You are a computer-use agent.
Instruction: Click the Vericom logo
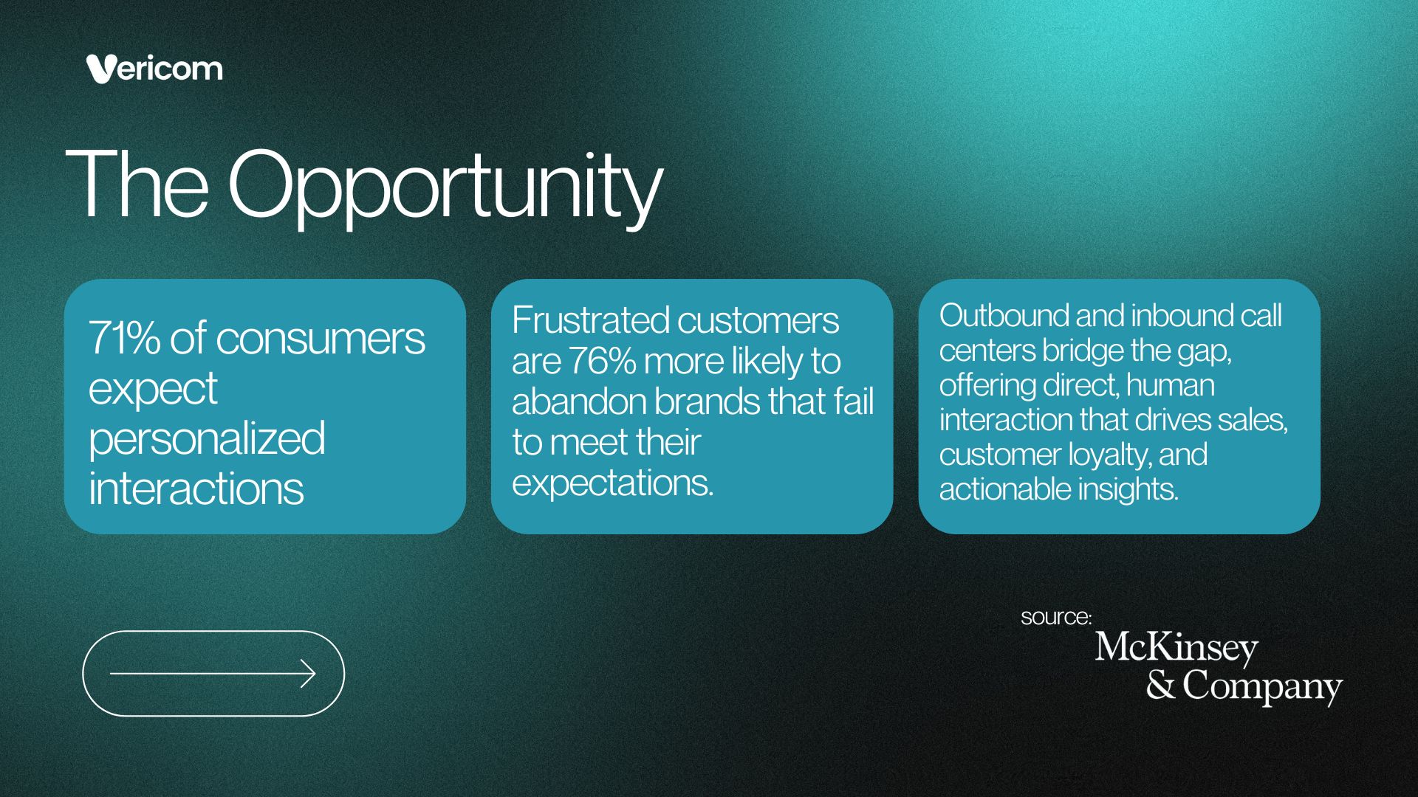154,69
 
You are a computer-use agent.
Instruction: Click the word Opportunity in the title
445,187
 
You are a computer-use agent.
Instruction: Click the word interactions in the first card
196,489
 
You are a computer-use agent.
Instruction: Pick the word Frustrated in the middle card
591,320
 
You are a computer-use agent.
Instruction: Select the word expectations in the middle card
613,484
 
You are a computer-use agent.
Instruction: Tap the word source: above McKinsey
1056,617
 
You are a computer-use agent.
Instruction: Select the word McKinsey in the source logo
1176,648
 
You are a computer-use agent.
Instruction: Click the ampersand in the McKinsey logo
1161,685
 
